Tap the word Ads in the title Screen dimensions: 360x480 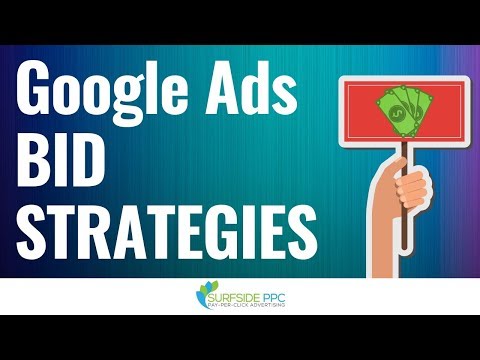[252, 95]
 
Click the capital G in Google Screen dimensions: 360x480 [41, 96]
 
